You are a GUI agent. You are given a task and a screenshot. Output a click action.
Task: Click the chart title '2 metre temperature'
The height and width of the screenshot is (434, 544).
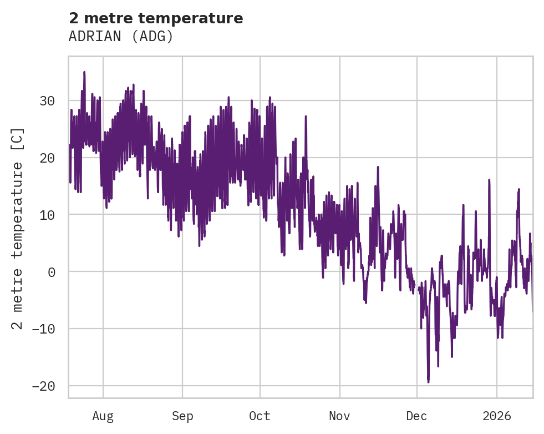point(156,18)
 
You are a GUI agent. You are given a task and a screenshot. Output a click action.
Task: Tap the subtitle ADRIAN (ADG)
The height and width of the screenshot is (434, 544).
point(121,36)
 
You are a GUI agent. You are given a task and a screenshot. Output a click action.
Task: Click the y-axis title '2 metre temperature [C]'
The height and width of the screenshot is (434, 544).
point(18,228)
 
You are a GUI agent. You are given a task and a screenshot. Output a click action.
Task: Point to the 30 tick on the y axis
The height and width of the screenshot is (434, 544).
point(47,101)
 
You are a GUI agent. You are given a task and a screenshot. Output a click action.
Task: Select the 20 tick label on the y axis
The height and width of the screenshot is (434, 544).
point(47,158)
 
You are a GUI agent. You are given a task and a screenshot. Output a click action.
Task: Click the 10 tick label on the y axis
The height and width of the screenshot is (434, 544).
point(47,215)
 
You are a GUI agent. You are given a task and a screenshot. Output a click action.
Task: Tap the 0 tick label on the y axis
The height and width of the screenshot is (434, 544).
point(52,272)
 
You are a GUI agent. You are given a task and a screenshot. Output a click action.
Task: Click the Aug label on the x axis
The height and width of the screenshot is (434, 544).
point(103,416)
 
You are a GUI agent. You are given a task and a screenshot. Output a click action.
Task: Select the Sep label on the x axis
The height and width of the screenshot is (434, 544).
point(182,416)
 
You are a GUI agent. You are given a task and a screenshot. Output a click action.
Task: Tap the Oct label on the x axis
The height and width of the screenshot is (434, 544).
point(260,416)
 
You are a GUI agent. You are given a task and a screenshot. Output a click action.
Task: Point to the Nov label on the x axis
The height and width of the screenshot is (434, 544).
point(339,416)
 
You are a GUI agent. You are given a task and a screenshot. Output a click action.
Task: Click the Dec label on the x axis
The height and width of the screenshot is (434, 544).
point(416,416)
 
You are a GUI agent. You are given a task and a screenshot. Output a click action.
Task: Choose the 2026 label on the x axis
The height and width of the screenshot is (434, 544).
point(496,416)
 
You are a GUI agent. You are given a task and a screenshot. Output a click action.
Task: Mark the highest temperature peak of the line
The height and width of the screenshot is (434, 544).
point(84,72)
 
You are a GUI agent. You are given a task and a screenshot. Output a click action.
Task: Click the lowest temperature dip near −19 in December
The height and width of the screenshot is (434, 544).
point(428,381)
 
